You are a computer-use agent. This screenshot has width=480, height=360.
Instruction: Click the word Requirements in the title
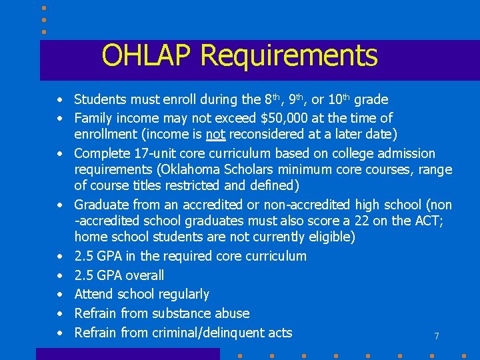tap(289, 57)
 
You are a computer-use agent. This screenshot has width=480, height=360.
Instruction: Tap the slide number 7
tap(437, 337)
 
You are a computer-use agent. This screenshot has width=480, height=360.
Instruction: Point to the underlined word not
tap(215, 135)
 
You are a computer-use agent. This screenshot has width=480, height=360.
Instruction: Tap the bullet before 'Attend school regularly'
tap(60, 295)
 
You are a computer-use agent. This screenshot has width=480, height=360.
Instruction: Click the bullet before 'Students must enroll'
tap(60, 100)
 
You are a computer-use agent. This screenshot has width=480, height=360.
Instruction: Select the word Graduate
tap(101, 205)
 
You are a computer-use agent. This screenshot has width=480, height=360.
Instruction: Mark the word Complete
tap(101, 154)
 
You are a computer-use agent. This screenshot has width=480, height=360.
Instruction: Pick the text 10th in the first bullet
tap(339, 99)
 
